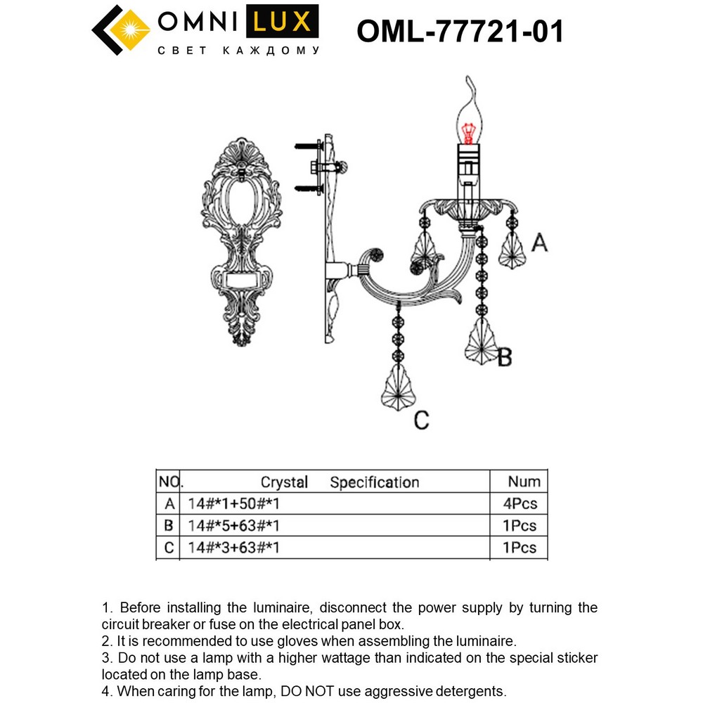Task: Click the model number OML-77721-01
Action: (460, 32)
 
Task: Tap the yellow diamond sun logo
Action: (131, 30)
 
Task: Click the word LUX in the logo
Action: (282, 22)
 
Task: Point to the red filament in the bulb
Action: (468, 133)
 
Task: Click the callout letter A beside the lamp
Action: (539, 243)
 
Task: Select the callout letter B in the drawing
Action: (505, 357)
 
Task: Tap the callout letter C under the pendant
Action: (421, 420)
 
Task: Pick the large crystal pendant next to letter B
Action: (482, 341)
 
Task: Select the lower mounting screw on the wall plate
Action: (309, 188)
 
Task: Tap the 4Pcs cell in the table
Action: (520, 503)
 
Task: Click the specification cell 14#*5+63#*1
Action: (233, 525)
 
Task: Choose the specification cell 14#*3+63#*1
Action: (233, 548)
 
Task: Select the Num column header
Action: (524, 482)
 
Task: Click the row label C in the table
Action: (169, 548)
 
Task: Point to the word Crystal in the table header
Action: (284, 482)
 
